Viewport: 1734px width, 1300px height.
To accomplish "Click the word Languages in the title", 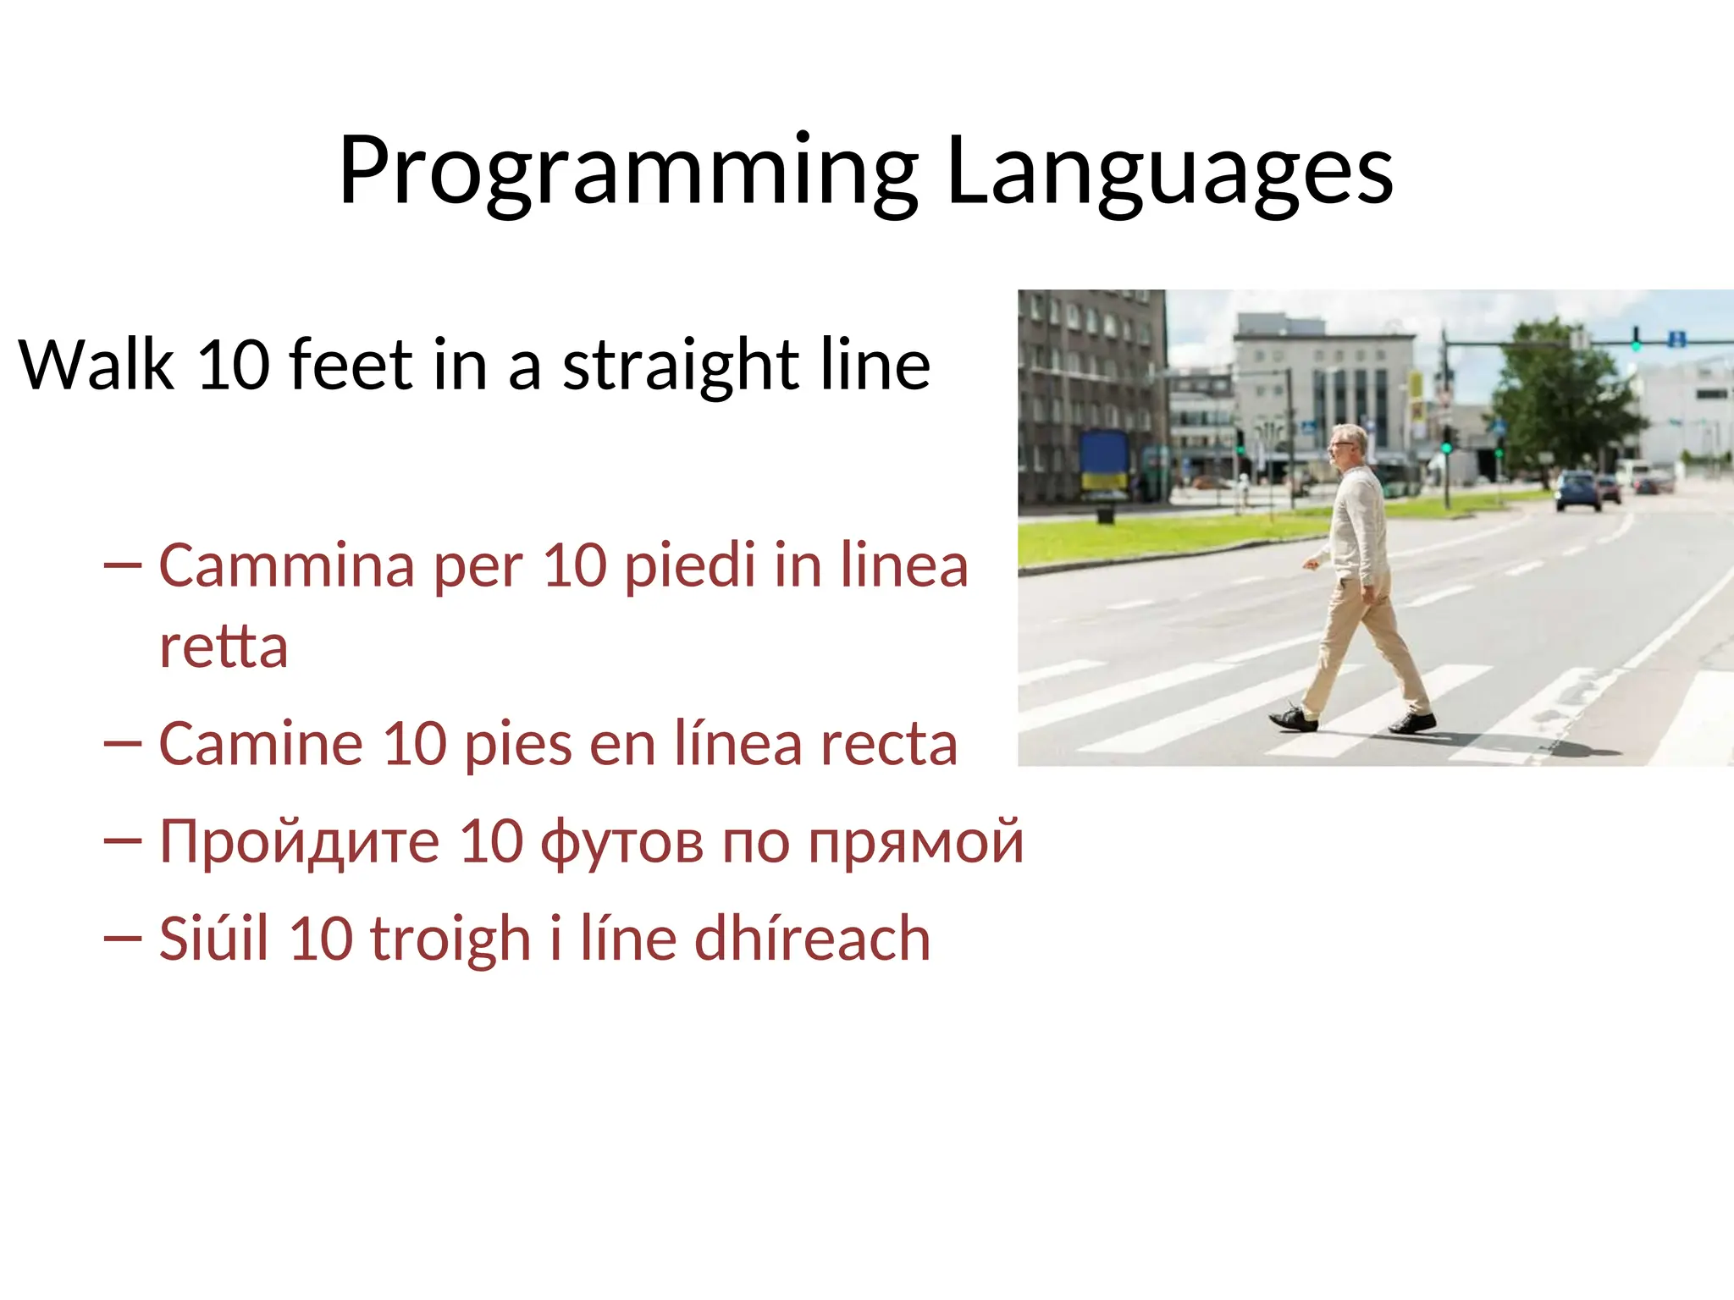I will click(1169, 172).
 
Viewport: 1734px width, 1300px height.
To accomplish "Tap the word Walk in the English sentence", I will click(96, 365).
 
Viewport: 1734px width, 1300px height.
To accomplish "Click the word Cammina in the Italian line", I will click(286, 565).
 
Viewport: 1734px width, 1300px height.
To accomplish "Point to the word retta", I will click(224, 647).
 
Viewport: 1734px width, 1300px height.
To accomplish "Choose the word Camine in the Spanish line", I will click(261, 744).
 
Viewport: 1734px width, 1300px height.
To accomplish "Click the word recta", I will click(888, 746).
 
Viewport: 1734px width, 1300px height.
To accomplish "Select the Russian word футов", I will click(621, 843).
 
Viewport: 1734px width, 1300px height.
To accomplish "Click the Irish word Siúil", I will click(213, 939).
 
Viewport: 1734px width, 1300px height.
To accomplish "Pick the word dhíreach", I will click(812, 939).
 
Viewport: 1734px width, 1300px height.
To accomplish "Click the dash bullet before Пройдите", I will click(122, 840).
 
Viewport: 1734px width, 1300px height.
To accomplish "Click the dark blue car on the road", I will click(1577, 491).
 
